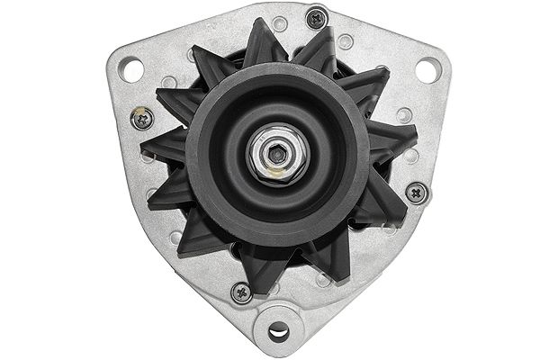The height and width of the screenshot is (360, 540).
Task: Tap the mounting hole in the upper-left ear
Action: point(132,65)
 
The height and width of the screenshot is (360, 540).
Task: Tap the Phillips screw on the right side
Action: point(415,191)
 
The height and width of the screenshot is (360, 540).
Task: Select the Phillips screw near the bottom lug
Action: point(239,292)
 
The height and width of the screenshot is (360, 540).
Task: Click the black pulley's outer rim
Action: point(207,180)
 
